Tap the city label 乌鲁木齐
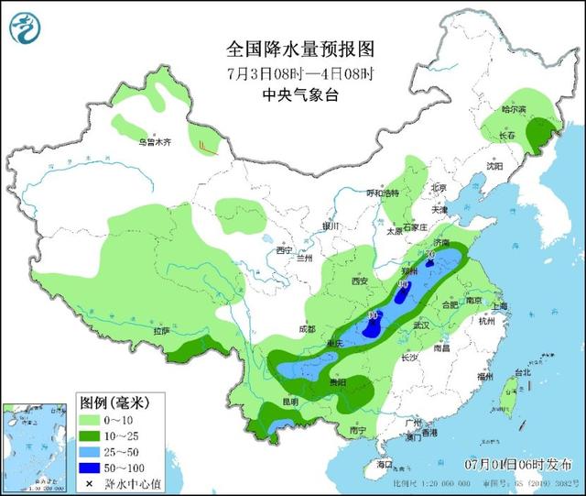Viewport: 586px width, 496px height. point(155,142)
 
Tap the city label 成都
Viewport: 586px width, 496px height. point(305,327)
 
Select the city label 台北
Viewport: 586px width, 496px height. point(522,372)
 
